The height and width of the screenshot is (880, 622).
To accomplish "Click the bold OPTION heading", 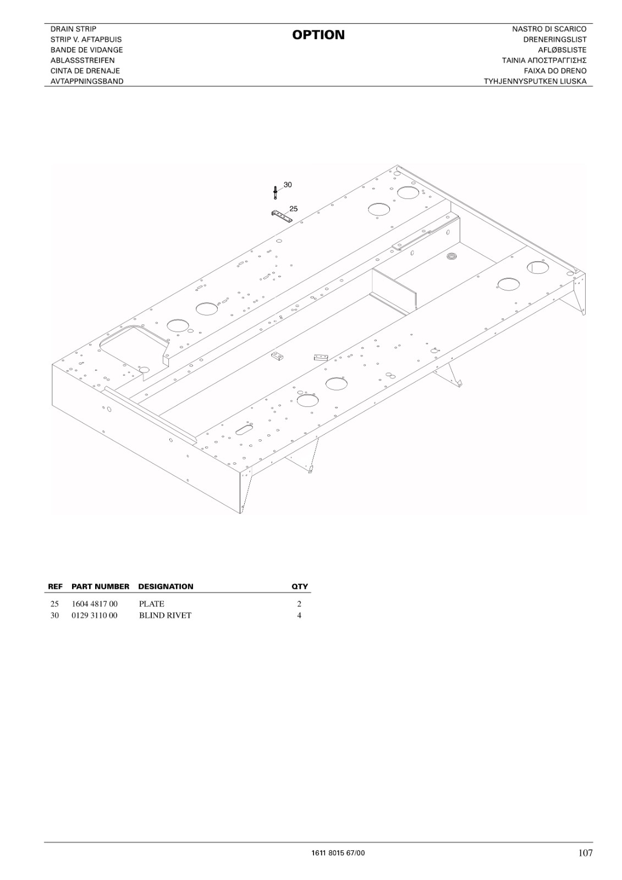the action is [318, 35].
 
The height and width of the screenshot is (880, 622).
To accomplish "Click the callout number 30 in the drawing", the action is [288, 185].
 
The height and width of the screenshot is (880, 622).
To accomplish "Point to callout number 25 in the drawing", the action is [294, 208].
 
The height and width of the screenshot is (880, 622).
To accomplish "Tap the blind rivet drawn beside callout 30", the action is [276, 193].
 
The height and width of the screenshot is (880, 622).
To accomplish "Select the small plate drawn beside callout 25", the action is [282, 216].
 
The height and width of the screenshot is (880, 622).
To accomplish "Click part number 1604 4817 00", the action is [94, 604].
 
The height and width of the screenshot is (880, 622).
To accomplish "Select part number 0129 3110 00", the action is [94, 615].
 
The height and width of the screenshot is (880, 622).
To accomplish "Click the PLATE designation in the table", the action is [152, 604].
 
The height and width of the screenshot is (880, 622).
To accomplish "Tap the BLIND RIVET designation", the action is [165, 615].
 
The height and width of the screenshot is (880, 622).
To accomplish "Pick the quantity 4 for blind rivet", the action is [299, 615].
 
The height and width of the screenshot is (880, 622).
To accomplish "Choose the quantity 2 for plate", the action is [299, 604].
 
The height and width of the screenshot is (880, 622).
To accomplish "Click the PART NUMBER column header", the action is [100, 586].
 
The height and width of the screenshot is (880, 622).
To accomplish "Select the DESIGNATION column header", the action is [166, 586].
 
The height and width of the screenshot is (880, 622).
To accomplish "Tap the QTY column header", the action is [300, 586].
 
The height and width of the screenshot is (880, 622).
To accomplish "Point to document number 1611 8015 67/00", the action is [338, 850].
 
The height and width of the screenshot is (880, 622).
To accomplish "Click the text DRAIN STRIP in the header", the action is [74, 29].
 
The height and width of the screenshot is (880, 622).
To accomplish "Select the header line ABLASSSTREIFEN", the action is [82, 61].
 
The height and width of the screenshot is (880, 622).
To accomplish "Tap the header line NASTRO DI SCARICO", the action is [549, 29].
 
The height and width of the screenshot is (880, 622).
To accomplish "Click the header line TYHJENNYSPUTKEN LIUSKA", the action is [535, 81].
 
